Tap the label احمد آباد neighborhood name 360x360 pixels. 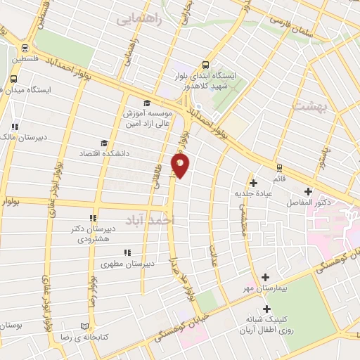click(148, 220)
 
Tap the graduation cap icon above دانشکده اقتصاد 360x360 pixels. click(103, 143)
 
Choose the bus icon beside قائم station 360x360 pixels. click(279, 167)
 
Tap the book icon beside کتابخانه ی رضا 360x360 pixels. click(84, 327)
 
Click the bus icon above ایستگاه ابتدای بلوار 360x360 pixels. click(205, 62)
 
